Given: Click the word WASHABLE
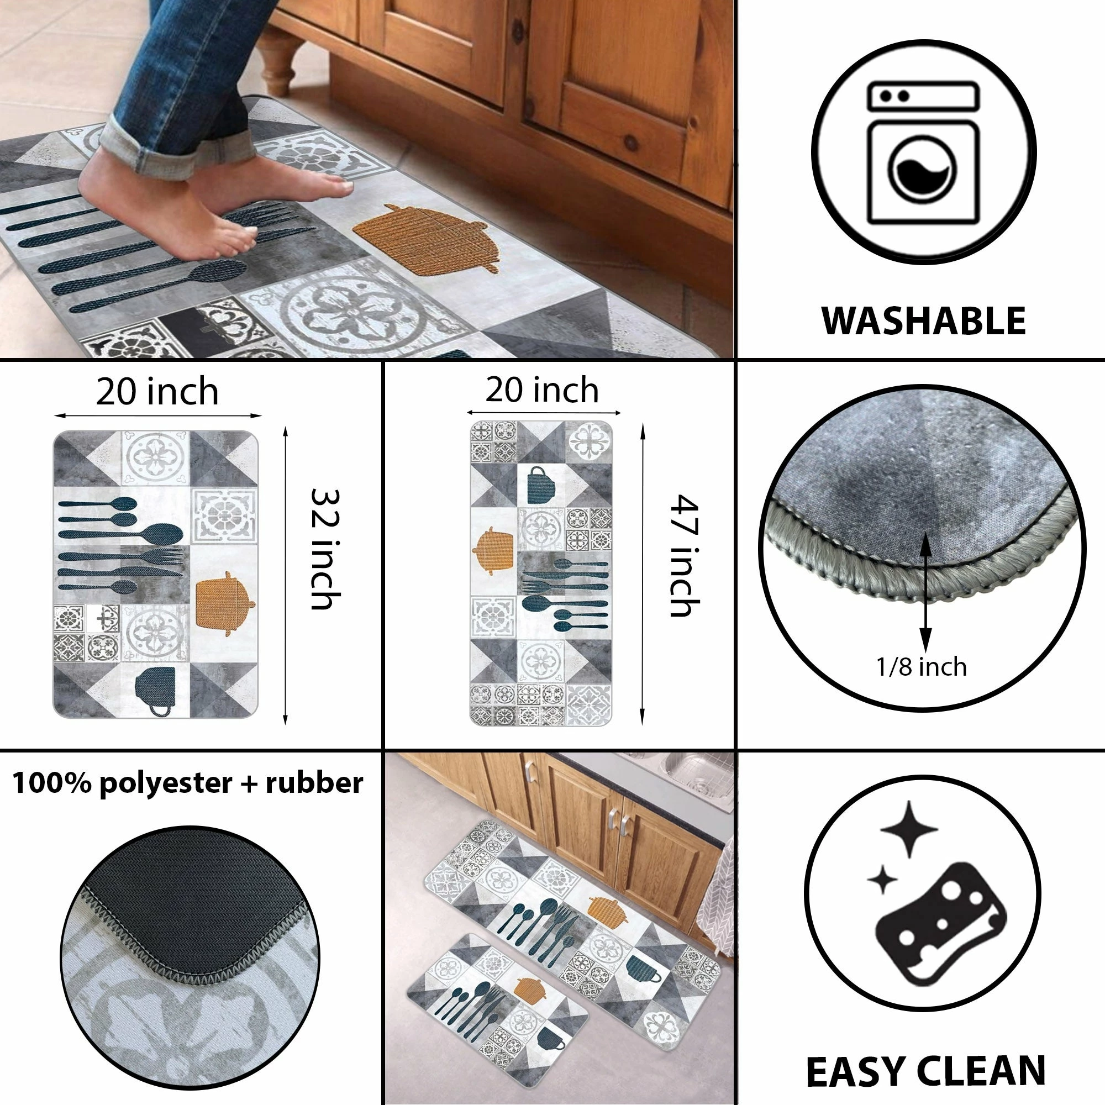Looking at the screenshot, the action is [x=923, y=321].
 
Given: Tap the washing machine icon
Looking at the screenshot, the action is [x=923, y=153].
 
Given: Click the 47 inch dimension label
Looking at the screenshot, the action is [x=685, y=556].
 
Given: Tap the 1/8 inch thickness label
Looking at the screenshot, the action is [x=922, y=667].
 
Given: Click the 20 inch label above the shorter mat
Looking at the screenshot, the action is [x=157, y=392].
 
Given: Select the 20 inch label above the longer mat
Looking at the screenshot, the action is [x=542, y=391].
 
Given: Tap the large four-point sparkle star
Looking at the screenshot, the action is [x=909, y=829].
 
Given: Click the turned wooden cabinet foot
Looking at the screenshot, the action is [x=277, y=63].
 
